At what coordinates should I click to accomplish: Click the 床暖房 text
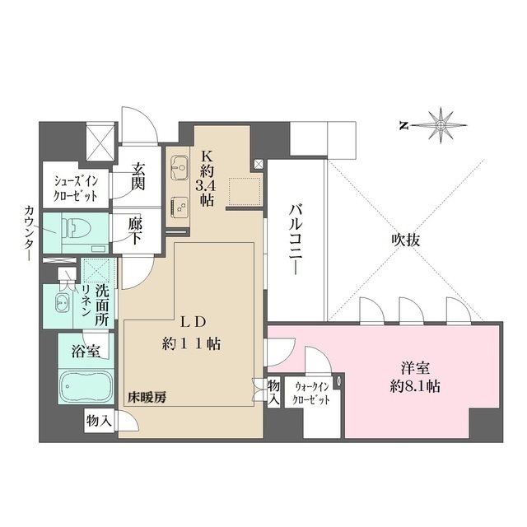tap(146, 398)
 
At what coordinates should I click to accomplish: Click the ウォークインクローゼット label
tap(312, 392)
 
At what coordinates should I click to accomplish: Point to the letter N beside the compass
tap(404, 126)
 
